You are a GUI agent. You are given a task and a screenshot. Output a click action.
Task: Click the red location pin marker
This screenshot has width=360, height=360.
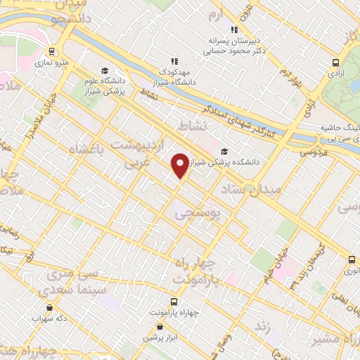180,164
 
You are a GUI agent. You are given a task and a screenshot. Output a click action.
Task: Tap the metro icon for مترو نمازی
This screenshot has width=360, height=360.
52,51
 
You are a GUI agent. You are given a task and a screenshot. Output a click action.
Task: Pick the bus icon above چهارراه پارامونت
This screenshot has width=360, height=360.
174,299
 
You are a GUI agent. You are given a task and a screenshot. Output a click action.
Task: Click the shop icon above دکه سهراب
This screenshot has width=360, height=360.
50,307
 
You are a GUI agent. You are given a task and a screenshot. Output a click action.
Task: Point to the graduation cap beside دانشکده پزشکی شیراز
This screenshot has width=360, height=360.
224,150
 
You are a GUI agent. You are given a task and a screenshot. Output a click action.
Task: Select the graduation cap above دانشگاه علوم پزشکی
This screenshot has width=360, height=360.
105,70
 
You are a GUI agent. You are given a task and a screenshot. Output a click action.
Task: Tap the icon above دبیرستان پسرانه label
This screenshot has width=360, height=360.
234,30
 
